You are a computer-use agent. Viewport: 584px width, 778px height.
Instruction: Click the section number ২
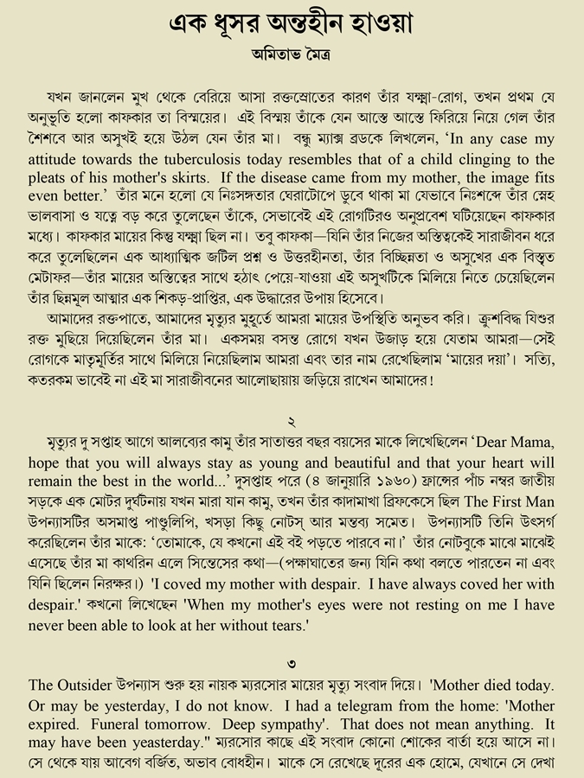point(292,423)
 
